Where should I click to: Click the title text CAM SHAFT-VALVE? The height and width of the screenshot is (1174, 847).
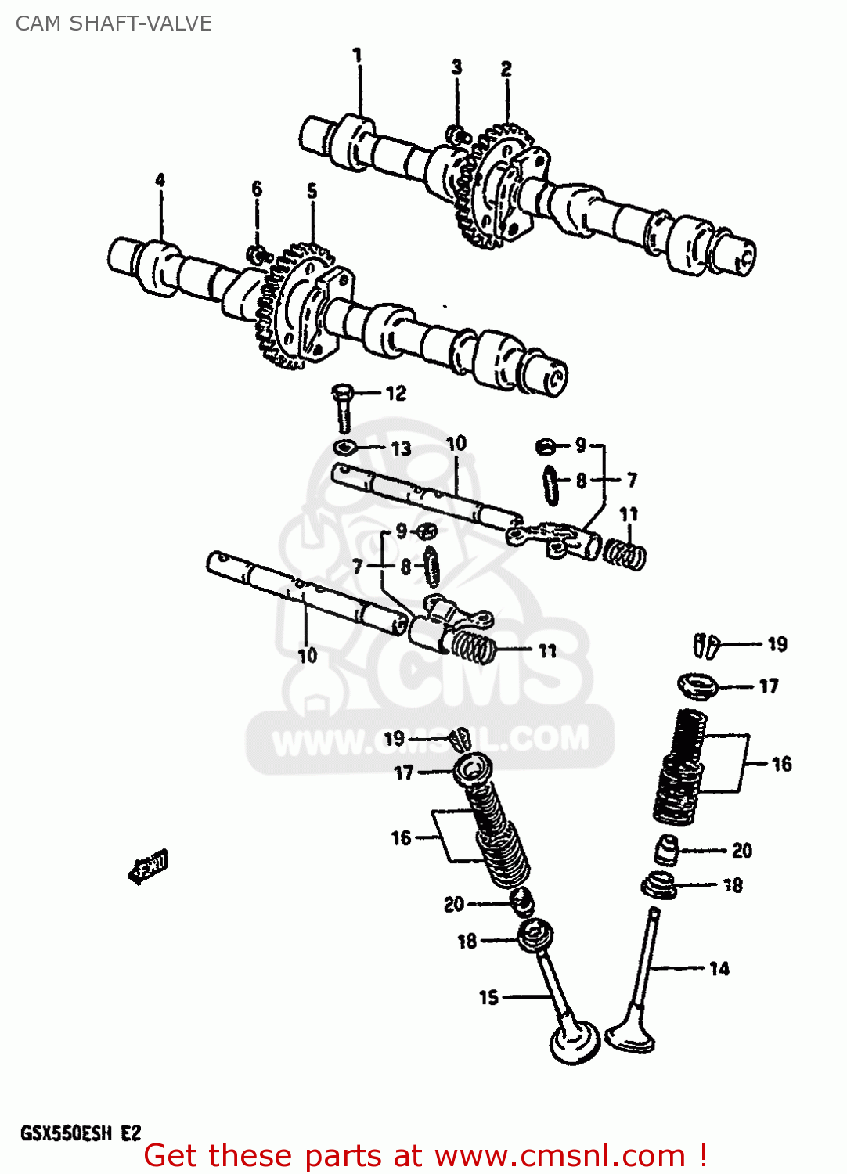(x=114, y=23)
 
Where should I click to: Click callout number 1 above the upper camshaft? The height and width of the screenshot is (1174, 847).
(x=357, y=56)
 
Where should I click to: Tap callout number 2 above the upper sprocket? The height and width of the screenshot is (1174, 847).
(x=506, y=69)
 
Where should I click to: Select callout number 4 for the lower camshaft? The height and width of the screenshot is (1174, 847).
(x=160, y=180)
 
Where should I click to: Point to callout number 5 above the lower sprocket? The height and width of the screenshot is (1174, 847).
(x=312, y=190)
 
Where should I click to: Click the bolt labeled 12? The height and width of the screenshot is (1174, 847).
(x=343, y=406)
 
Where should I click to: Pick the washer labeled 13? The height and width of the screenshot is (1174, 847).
(x=344, y=448)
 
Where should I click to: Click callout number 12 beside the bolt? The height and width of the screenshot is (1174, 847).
(x=396, y=393)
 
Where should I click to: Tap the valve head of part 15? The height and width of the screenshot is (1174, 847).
(x=575, y=1041)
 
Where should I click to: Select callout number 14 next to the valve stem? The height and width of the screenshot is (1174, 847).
(x=719, y=969)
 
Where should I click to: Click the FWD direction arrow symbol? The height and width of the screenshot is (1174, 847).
(x=149, y=866)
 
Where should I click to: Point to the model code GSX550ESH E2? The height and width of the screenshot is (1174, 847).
(x=81, y=1133)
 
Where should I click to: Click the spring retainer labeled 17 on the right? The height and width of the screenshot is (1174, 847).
(x=697, y=686)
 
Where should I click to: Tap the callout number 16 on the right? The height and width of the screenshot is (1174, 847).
(x=780, y=764)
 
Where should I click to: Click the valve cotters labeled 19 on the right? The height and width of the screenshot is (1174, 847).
(x=706, y=644)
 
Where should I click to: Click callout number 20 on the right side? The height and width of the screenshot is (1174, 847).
(x=741, y=851)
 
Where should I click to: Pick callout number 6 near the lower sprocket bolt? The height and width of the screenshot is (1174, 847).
(x=257, y=189)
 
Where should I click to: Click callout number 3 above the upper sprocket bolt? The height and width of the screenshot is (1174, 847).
(x=456, y=67)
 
